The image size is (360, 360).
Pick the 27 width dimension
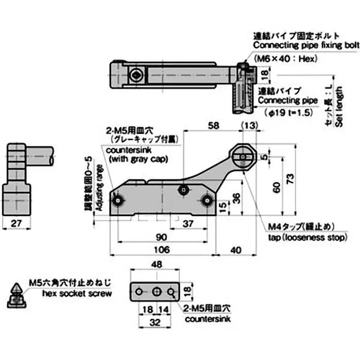click(x=16, y=223)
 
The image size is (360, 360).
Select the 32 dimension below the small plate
click(x=156, y=322)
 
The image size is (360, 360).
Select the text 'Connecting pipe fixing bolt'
click(x=306, y=45)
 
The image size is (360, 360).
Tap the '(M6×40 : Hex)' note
click(x=286, y=58)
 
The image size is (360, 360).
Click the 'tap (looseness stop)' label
click(x=308, y=237)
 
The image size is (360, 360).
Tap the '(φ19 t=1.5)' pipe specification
click(x=288, y=112)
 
